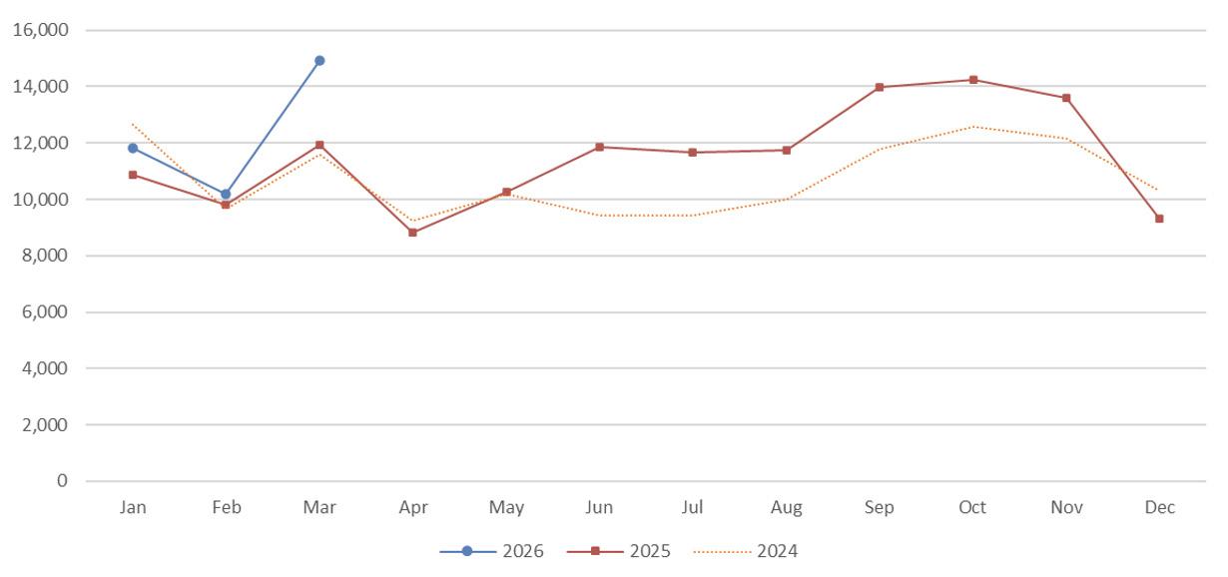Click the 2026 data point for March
319,60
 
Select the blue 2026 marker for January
133,148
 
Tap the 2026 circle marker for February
226,194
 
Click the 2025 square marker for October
973,80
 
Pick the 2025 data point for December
1159,219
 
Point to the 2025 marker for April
412,233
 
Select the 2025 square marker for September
880,87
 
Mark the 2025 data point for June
599,147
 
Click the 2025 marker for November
1066,98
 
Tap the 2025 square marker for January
133,175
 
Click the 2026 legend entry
492,551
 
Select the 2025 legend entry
619,551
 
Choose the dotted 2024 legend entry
746,551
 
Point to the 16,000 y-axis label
41,30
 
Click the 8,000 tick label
45,256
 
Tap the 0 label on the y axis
62,480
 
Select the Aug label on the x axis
786,508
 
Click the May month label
506,508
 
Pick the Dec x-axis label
1159,507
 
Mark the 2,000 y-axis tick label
45,424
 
